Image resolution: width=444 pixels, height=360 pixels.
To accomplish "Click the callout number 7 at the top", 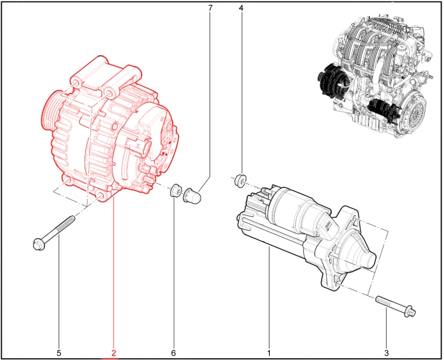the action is (x=210, y=8).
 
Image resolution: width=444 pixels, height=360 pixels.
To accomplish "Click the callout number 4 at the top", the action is (x=241, y=8).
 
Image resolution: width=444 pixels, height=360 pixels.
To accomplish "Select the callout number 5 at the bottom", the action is (x=59, y=353).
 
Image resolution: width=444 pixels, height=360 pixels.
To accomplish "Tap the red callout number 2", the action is (x=114, y=353).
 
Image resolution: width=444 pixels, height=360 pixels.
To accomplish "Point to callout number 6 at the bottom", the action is (x=174, y=353).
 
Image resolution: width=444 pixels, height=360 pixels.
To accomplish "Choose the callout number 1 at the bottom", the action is (x=269, y=353).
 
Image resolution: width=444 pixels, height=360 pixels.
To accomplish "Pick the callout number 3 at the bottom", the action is (x=386, y=353).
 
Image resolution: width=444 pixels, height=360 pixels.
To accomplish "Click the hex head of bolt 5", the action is (x=39, y=244).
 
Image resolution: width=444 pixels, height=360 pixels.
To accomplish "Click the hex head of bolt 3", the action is (x=410, y=312).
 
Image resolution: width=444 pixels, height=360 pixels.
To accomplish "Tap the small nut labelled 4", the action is (x=240, y=181).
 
